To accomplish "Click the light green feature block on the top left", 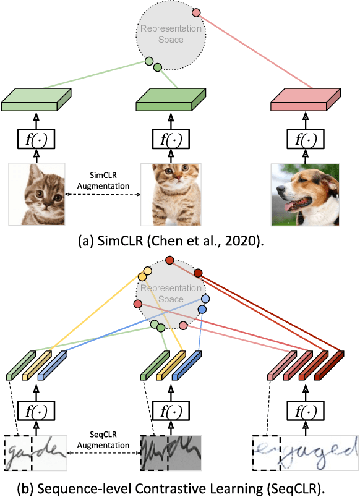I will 37,100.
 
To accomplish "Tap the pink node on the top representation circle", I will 196,12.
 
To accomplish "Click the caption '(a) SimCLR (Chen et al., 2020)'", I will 179,240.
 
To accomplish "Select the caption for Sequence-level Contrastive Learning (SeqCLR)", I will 179,486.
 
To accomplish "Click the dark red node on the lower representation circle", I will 199,273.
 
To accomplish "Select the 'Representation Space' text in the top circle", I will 171,33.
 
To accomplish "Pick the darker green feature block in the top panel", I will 170,100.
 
